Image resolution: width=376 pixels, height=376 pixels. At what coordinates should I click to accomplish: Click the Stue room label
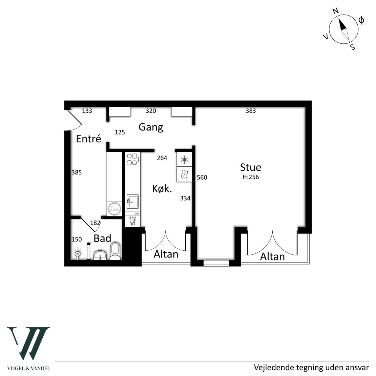(251, 167)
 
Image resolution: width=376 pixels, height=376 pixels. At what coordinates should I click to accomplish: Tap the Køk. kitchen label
(162, 189)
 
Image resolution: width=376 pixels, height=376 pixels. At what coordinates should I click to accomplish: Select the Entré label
(88, 139)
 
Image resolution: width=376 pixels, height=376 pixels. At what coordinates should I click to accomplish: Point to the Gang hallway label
(151, 127)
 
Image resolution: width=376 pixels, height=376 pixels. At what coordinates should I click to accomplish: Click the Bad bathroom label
(102, 238)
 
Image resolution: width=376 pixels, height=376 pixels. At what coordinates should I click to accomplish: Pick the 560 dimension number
(202, 177)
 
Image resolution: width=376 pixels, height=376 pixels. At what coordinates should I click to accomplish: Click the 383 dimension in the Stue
(251, 111)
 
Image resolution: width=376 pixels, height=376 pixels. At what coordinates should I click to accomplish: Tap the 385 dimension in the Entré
(77, 172)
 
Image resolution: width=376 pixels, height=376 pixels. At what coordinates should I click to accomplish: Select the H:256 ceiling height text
(251, 177)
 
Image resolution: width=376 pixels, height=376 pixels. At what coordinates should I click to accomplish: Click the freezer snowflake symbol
(184, 160)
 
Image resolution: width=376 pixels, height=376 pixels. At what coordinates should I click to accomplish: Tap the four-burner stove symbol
(132, 160)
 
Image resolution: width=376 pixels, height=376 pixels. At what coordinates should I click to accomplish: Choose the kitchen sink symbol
(132, 202)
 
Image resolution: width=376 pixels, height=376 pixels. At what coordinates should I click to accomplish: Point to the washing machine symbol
(114, 208)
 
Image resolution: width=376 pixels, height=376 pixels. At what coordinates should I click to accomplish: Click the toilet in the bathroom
(116, 251)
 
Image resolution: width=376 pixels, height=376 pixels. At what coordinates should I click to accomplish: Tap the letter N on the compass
(335, 11)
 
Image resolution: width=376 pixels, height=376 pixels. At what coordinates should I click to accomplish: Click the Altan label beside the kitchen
(166, 254)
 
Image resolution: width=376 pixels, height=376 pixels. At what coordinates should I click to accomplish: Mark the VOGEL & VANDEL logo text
(28, 368)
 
